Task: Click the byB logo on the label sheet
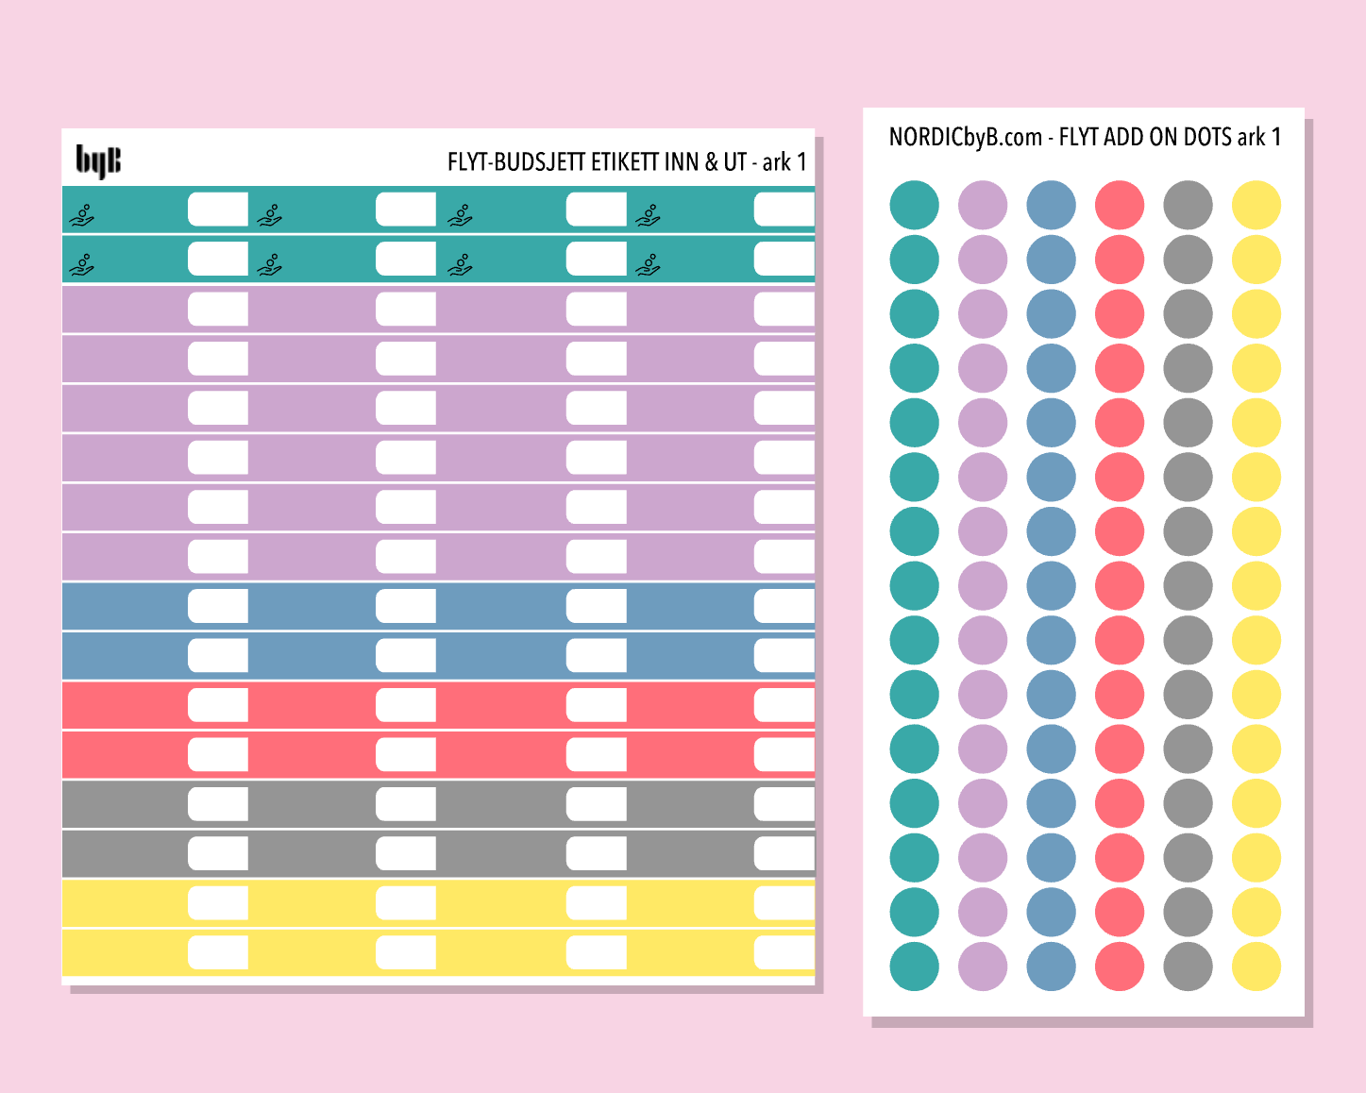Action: [x=98, y=161]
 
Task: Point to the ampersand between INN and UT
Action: [x=711, y=162]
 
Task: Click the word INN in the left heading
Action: [x=680, y=162]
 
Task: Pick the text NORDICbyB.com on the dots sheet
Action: [x=965, y=138]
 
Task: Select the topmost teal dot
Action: [x=914, y=205]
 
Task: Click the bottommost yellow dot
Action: [x=1256, y=967]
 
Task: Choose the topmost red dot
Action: [x=1120, y=205]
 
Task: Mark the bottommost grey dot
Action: [x=1188, y=967]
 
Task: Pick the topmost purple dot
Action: [x=983, y=205]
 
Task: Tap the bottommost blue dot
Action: [x=1051, y=967]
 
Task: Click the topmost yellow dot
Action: [x=1256, y=205]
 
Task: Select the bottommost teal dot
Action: [x=914, y=967]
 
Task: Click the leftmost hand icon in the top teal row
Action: [x=82, y=217]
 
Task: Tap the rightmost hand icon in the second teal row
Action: [x=648, y=266]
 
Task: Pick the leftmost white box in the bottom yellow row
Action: [x=218, y=952]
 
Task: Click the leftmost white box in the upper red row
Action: [x=218, y=705]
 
